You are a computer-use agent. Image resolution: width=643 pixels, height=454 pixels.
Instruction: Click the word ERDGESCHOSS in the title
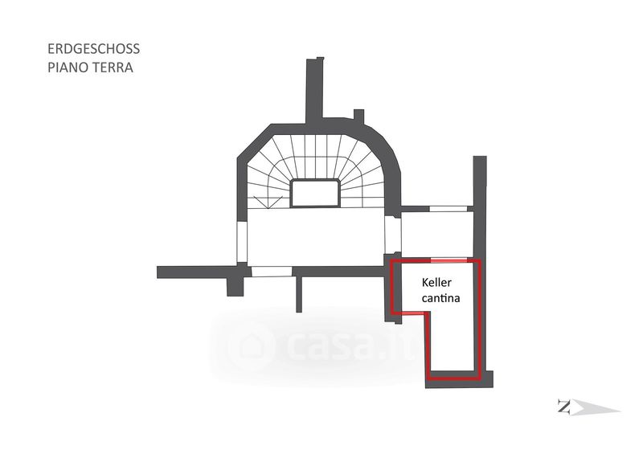pos(93,49)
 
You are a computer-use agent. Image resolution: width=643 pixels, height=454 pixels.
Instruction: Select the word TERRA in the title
pos(112,67)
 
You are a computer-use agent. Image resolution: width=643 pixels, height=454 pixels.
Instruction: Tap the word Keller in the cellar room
pos(436,283)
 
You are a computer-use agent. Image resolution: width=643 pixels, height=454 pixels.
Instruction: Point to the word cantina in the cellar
pos(440,298)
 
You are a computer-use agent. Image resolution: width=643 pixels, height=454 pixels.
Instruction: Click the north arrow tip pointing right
pos(620,410)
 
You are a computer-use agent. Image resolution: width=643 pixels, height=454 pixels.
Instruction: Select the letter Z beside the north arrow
pos(564,407)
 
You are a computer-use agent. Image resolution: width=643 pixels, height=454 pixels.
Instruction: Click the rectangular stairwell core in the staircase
pos(315,193)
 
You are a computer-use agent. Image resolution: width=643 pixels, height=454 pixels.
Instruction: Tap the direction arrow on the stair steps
pos(268,203)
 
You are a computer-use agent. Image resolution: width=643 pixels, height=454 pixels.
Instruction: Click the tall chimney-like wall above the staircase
pos(315,91)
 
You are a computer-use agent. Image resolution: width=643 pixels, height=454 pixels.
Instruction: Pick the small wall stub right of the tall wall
pos(358,116)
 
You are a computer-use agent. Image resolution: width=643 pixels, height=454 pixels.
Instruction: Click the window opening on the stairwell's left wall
pos(242,242)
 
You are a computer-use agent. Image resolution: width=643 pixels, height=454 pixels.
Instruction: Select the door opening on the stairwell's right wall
pos(392,235)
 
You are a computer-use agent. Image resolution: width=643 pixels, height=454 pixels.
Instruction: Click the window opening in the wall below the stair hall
pos(272,272)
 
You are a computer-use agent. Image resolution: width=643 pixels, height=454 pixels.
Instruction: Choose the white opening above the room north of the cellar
pos(448,209)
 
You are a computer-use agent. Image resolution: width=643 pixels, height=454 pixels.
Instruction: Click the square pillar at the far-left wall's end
pos(235,286)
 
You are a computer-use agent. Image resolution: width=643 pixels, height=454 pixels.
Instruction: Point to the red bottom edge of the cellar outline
pos(454,377)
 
